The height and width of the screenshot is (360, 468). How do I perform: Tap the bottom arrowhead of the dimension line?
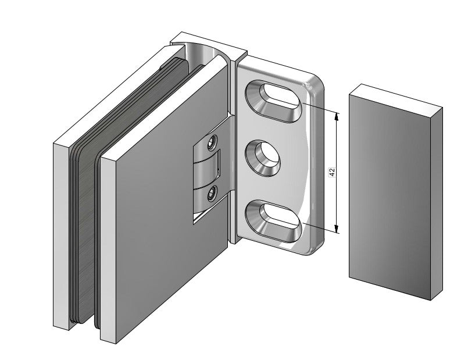[x=337, y=230]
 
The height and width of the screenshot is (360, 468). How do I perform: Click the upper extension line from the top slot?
[x=320, y=108]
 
